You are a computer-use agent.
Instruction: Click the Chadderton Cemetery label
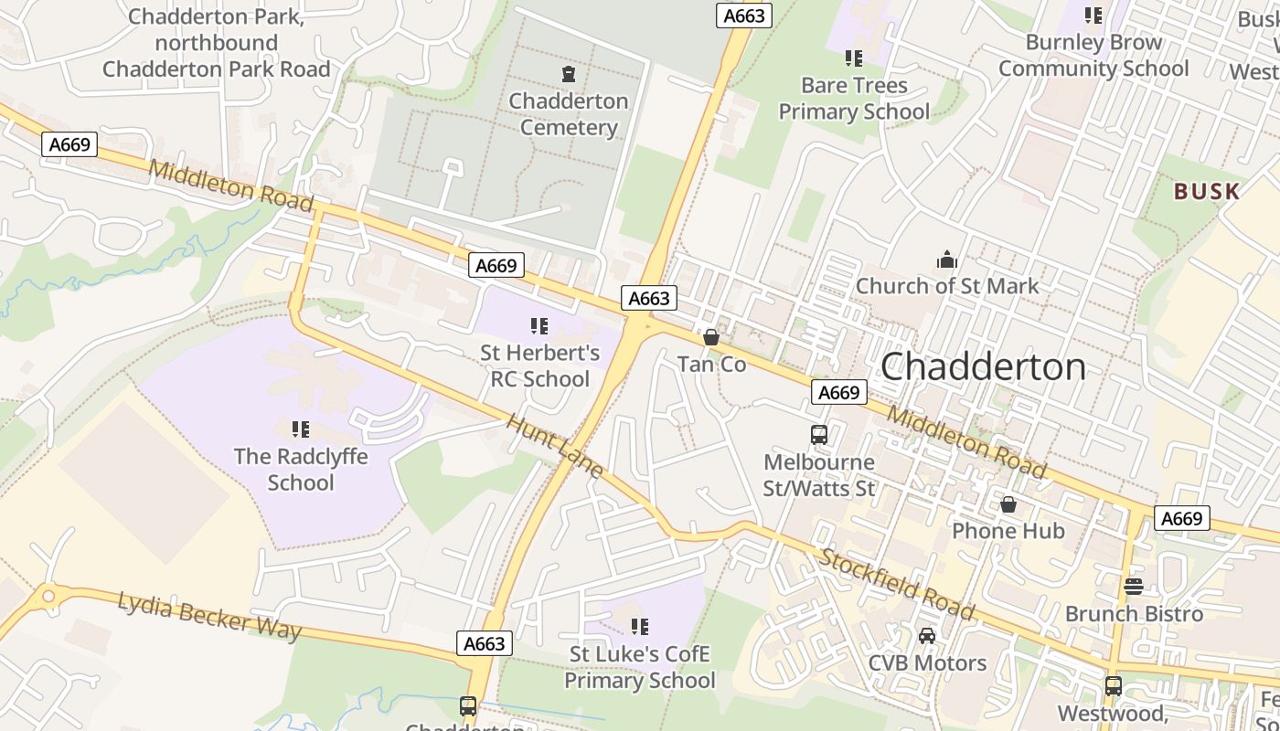tap(569, 114)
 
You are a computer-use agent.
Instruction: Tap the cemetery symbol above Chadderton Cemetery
tap(569, 73)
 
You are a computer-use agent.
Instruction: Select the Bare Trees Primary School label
tap(853, 99)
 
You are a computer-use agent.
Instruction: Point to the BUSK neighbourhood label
tap(1207, 192)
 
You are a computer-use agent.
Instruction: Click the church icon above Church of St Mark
tap(946, 260)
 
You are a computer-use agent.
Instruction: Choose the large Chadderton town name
tap(983, 366)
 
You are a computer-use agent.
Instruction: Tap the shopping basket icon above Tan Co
tap(711, 337)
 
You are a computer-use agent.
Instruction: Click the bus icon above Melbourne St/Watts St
tap(819, 435)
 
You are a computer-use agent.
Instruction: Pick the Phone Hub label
tap(1008, 531)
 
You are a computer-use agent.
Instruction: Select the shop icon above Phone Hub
tap(1008, 504)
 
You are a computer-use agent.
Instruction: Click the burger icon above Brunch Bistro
tap(1134, 586)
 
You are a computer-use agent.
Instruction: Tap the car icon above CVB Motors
tap(927, 635)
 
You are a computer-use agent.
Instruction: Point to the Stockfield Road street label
tap(896, 584)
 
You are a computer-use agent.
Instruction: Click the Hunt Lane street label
tap(554, 447)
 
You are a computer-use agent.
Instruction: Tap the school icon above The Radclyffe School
tap(300, 429)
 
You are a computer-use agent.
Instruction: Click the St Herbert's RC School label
tap(539, 365)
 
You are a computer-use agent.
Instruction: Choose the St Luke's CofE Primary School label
tap(639, 667)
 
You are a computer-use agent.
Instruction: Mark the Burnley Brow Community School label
tap(1093, 55)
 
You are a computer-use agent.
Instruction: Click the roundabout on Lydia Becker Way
tap(48, 596)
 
